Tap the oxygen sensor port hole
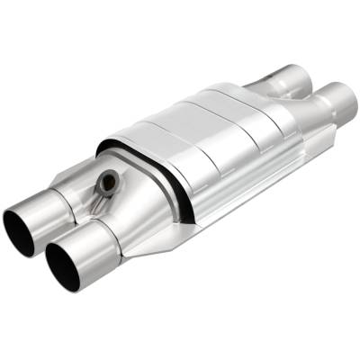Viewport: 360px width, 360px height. pos(108,182)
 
